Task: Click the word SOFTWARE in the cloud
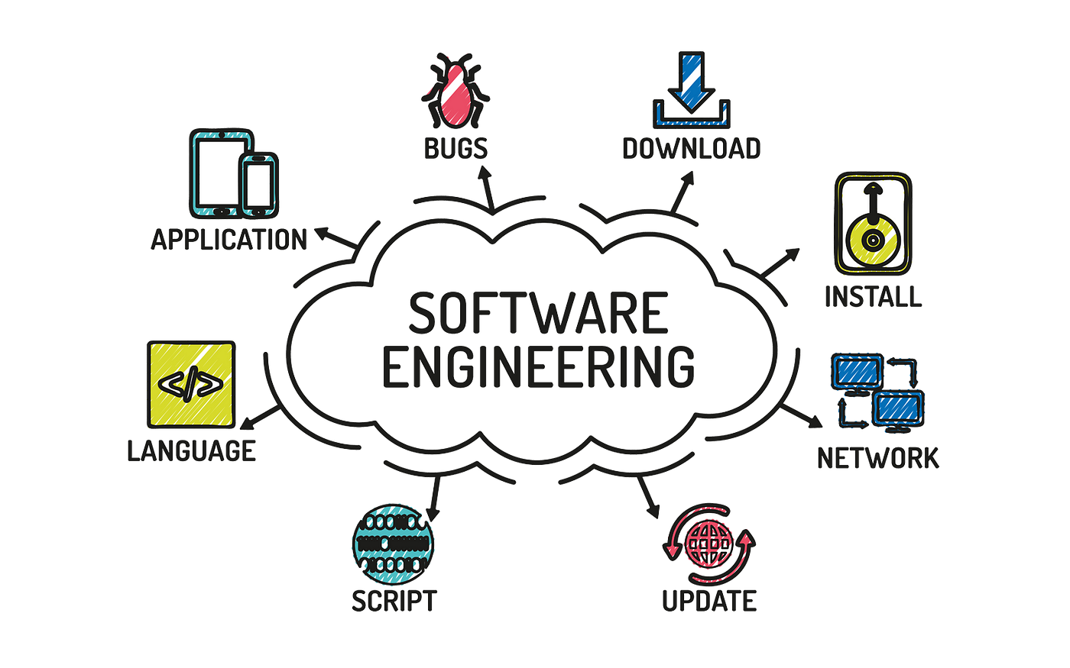pos(538,313)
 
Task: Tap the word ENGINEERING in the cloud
pos(538,366)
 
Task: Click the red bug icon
pos(456,91)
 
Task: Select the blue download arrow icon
pos(691,90)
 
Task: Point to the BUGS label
pos(456,148)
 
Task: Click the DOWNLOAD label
pos(691,148)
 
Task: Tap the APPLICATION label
pos(229,240)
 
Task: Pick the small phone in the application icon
pos(259,185)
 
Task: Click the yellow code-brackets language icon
pos(191,384)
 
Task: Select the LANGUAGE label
pos(192,451)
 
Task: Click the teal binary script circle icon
pos(393,544)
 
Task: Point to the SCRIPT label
pos(394,601)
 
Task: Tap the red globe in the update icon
pos(709,544)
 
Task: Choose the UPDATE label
pos(709,601)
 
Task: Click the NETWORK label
pos(878,459)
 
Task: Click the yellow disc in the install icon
pos(873,240)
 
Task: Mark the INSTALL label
pos(873,296)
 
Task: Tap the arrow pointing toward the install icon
pos(780,263)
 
